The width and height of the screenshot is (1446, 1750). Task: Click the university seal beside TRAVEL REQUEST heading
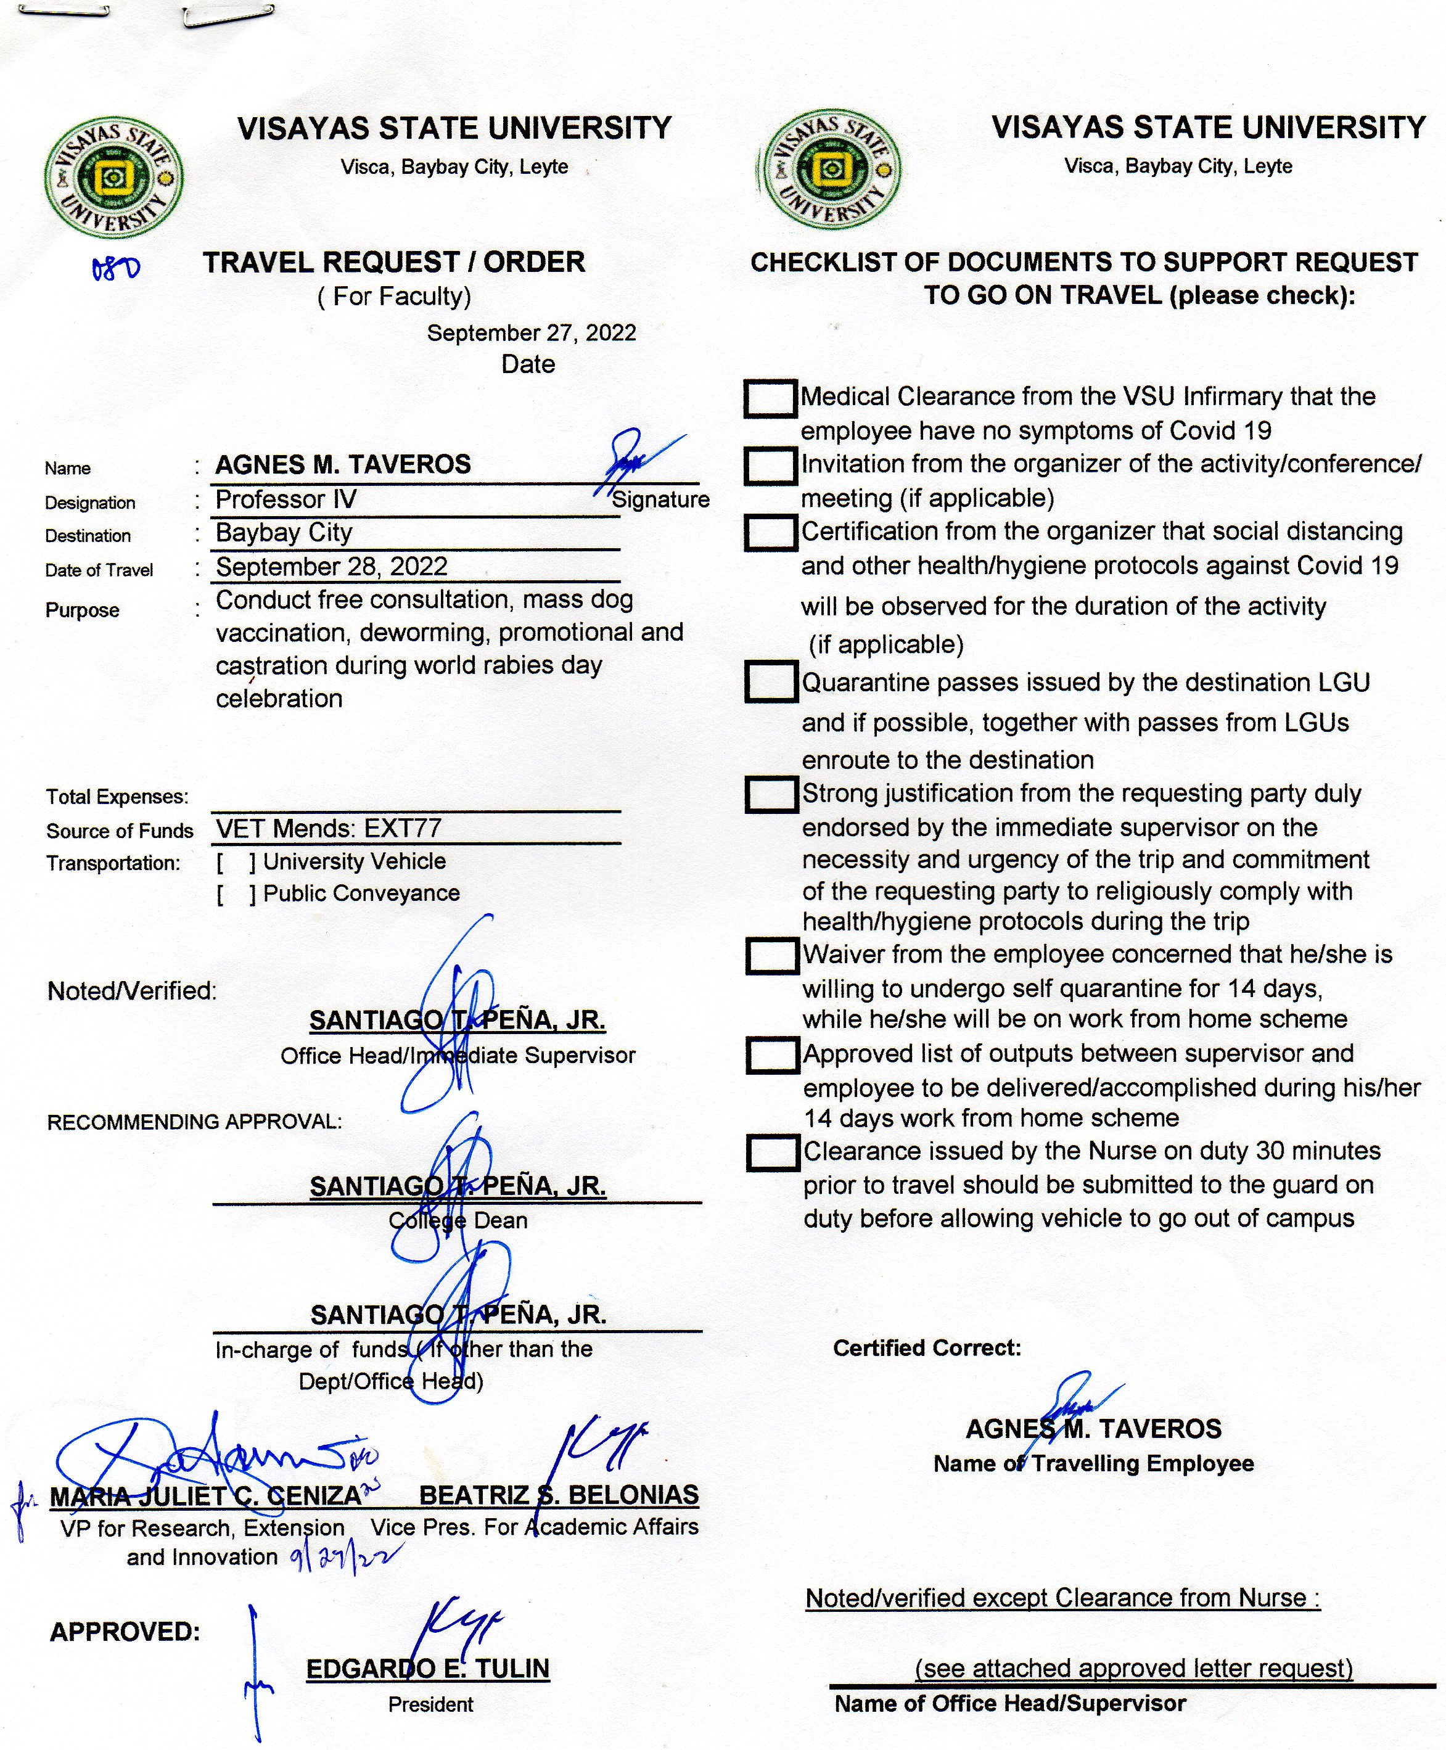pyautogui.click(x=113, y=176)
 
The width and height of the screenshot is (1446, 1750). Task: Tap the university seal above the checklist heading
pyautogui.click(x=829, y=169)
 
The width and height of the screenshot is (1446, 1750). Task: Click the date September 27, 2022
pyautogui.click(x=532, y=333)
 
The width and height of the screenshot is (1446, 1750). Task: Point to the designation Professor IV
pyautogui.click(x=286, y=499)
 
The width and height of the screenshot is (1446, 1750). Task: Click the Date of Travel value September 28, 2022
pyautogui.click(x=332, y=567)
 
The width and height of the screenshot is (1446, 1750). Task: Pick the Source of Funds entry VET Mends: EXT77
pyautogui.click(x=329, y=829)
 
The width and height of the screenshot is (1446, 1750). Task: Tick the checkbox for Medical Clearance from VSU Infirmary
pyautogui.click(x=770, y=399)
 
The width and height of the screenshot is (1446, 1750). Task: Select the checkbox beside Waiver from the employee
pyautogui.click(x=772, y=956)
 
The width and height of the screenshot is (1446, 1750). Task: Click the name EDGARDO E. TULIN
pyautogui.click(x=428, y=1669)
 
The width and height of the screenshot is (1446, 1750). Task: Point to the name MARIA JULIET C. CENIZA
pyautogui.click(x=206, y=1497)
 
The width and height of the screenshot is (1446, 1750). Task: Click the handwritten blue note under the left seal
pyautogui.click(x=116, y=268)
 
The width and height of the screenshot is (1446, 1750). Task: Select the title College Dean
pyautogui.click(x=458, y=1221)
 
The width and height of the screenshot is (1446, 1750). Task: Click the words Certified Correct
pyautogui.click(x=926, y=1349)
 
